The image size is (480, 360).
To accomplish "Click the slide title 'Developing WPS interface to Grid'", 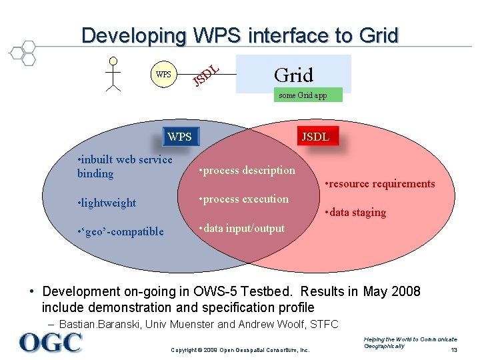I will coord(240,35).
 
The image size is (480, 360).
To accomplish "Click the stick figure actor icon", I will coord(113,73).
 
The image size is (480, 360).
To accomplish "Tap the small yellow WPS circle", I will coord(163,74).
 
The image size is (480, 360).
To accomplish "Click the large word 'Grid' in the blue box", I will coord(293,74).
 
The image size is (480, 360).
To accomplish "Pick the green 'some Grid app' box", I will coord(303,95).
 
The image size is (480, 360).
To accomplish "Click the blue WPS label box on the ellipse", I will coord(179,137).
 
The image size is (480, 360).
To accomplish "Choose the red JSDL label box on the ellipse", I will coord(315,137).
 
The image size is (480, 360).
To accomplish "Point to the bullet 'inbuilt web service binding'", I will coord(125,167).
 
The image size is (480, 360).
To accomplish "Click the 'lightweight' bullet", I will coord(107,203).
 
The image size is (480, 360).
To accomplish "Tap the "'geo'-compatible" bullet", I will coord(121,231).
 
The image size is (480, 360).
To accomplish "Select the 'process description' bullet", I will coord(247,170).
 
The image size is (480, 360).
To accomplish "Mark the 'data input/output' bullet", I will coord(242,228).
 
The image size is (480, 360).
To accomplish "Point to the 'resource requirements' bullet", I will coord(379,183).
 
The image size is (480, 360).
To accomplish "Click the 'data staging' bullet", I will coord(355,212).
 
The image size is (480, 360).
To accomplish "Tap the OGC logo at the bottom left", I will coord(50,342).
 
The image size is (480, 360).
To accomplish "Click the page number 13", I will coord(454,351).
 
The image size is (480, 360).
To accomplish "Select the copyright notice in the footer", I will coord(241,350).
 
